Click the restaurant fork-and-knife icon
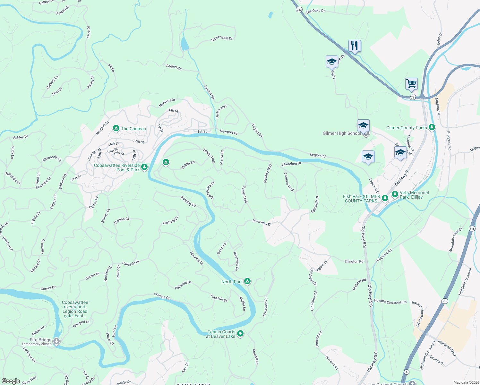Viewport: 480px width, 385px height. [x=355, y=46]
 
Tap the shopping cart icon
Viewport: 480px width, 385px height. [x=411, y=84]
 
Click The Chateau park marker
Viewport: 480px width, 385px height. [x=116, y=128]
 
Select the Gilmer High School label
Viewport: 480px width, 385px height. [x=341, y=133]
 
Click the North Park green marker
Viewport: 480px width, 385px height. [x=247, y=281]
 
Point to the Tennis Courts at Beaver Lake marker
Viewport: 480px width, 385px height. [x=240, y=334]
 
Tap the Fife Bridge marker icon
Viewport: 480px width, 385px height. [x=56, y=341]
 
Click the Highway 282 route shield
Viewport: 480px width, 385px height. [x=299, y=10]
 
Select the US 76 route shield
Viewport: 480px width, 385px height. [x=413, y=97]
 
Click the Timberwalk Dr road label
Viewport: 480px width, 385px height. [x=221, y=38]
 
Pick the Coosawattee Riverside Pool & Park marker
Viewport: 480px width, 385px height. [x=144, y=167]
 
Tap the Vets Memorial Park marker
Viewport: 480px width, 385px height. [x=395, y=194]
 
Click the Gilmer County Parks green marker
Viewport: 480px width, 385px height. [x=432, y=127]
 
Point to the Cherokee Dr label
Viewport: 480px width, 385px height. [x=291, y=164]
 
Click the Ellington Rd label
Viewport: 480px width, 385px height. [x=354, y=261]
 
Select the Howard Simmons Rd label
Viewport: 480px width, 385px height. [x=390, y=302]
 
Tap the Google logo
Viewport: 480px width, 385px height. [x=11, y=381]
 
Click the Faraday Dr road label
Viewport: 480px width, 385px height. [x=188, y=201]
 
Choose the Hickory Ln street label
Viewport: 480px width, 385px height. [x=53, y=82]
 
